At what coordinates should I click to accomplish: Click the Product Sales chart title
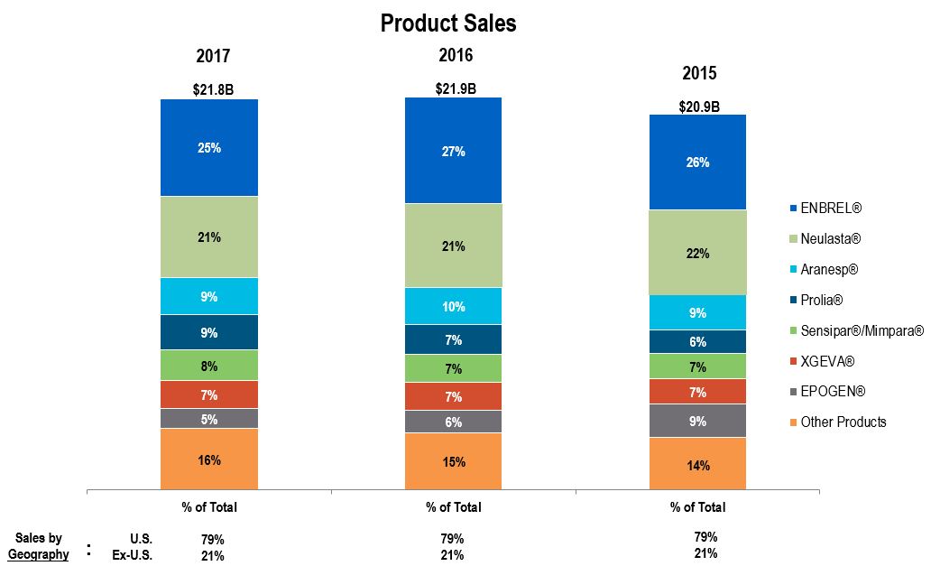(448, 23)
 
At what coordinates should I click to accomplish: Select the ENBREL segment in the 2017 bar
(209, 147)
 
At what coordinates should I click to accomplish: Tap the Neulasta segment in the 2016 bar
(454, 246)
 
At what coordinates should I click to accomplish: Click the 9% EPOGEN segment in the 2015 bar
(697, 421)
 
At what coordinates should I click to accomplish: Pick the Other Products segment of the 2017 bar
(209, 459)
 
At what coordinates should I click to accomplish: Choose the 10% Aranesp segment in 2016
(454, 307)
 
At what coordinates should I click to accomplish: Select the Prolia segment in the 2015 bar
(697, 342)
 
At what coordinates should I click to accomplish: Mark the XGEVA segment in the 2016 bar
(454, 396)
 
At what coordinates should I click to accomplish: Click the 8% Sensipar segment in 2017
(209, 366)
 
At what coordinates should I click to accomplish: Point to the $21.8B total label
(213, 89)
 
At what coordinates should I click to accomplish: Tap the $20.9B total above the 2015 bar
(699, 107)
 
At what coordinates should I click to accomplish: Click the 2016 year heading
(456, 55)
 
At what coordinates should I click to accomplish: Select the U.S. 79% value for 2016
(454, 539)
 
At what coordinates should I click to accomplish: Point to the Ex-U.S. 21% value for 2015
(705, 553)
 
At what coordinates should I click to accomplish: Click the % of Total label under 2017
(209, 507)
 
